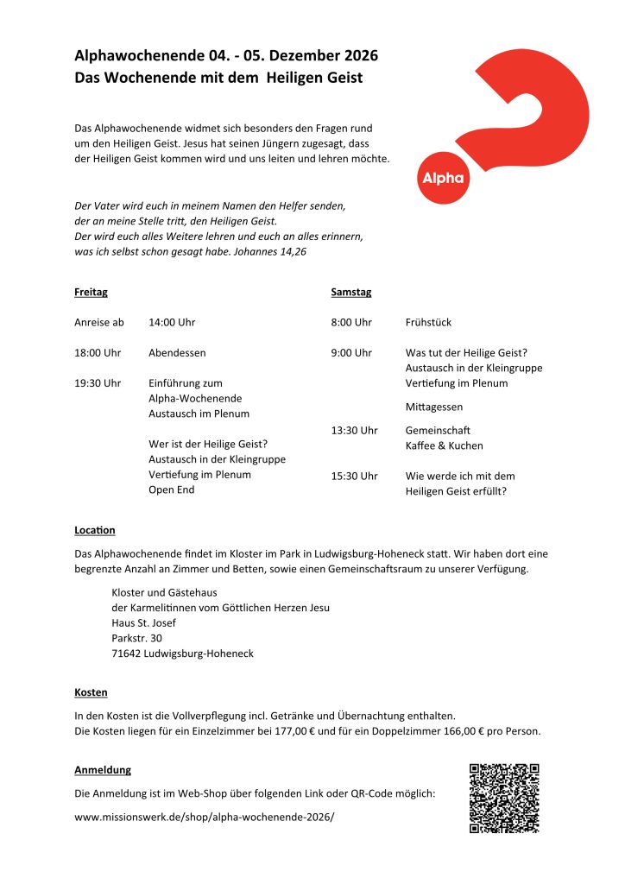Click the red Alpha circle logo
(442, 178)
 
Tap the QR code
(504, 798)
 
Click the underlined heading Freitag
(91, 292)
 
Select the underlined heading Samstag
(350, 292)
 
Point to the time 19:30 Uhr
(98, 382)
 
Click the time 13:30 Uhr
(354, 430)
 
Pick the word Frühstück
(428, 322)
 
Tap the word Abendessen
(177, 352)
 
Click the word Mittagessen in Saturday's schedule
(433, 407)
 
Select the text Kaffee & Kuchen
(444, 445)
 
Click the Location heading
(95, 529)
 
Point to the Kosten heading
(91, 692)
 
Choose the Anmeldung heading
(103, 769)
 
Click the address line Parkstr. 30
(136, 638)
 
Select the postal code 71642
(127, 654)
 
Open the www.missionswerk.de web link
(204, 816)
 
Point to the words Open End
(171, 489)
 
